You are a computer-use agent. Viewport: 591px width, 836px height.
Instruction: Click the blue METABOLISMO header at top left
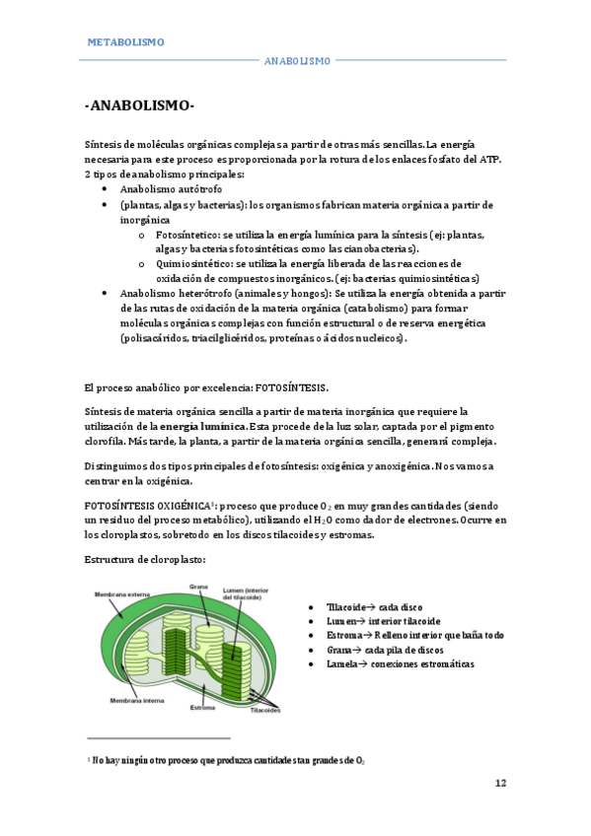tap(126, 42)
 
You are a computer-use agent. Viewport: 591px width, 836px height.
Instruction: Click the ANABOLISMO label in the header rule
tap(297, 61)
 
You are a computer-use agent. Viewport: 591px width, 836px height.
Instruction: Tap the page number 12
tap(500, 783)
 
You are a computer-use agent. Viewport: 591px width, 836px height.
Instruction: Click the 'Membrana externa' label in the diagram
tap(120, 595)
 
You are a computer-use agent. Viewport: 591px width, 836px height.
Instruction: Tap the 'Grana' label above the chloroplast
tap(198, 585)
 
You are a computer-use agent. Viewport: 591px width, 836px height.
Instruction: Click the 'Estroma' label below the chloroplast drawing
tap(203, 707)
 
